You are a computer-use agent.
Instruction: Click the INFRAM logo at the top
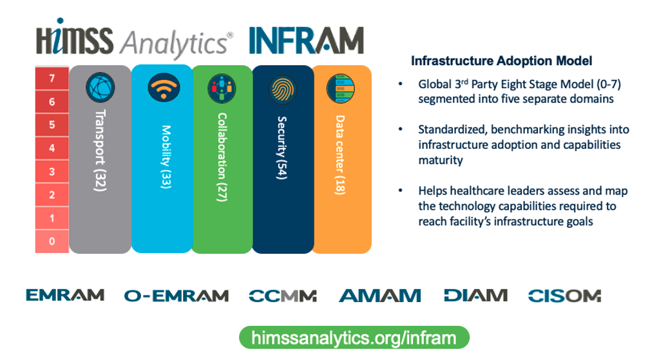306,40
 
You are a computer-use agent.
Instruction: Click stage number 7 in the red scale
52,79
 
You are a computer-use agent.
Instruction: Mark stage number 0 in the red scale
52,242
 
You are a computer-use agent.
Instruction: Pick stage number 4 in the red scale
52,149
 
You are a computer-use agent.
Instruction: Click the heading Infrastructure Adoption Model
502,61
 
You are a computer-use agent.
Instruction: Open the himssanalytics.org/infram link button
354,337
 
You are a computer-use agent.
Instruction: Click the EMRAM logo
65,295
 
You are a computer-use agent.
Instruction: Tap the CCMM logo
283,296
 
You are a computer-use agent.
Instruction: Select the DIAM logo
475,296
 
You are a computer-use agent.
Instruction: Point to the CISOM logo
564,296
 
